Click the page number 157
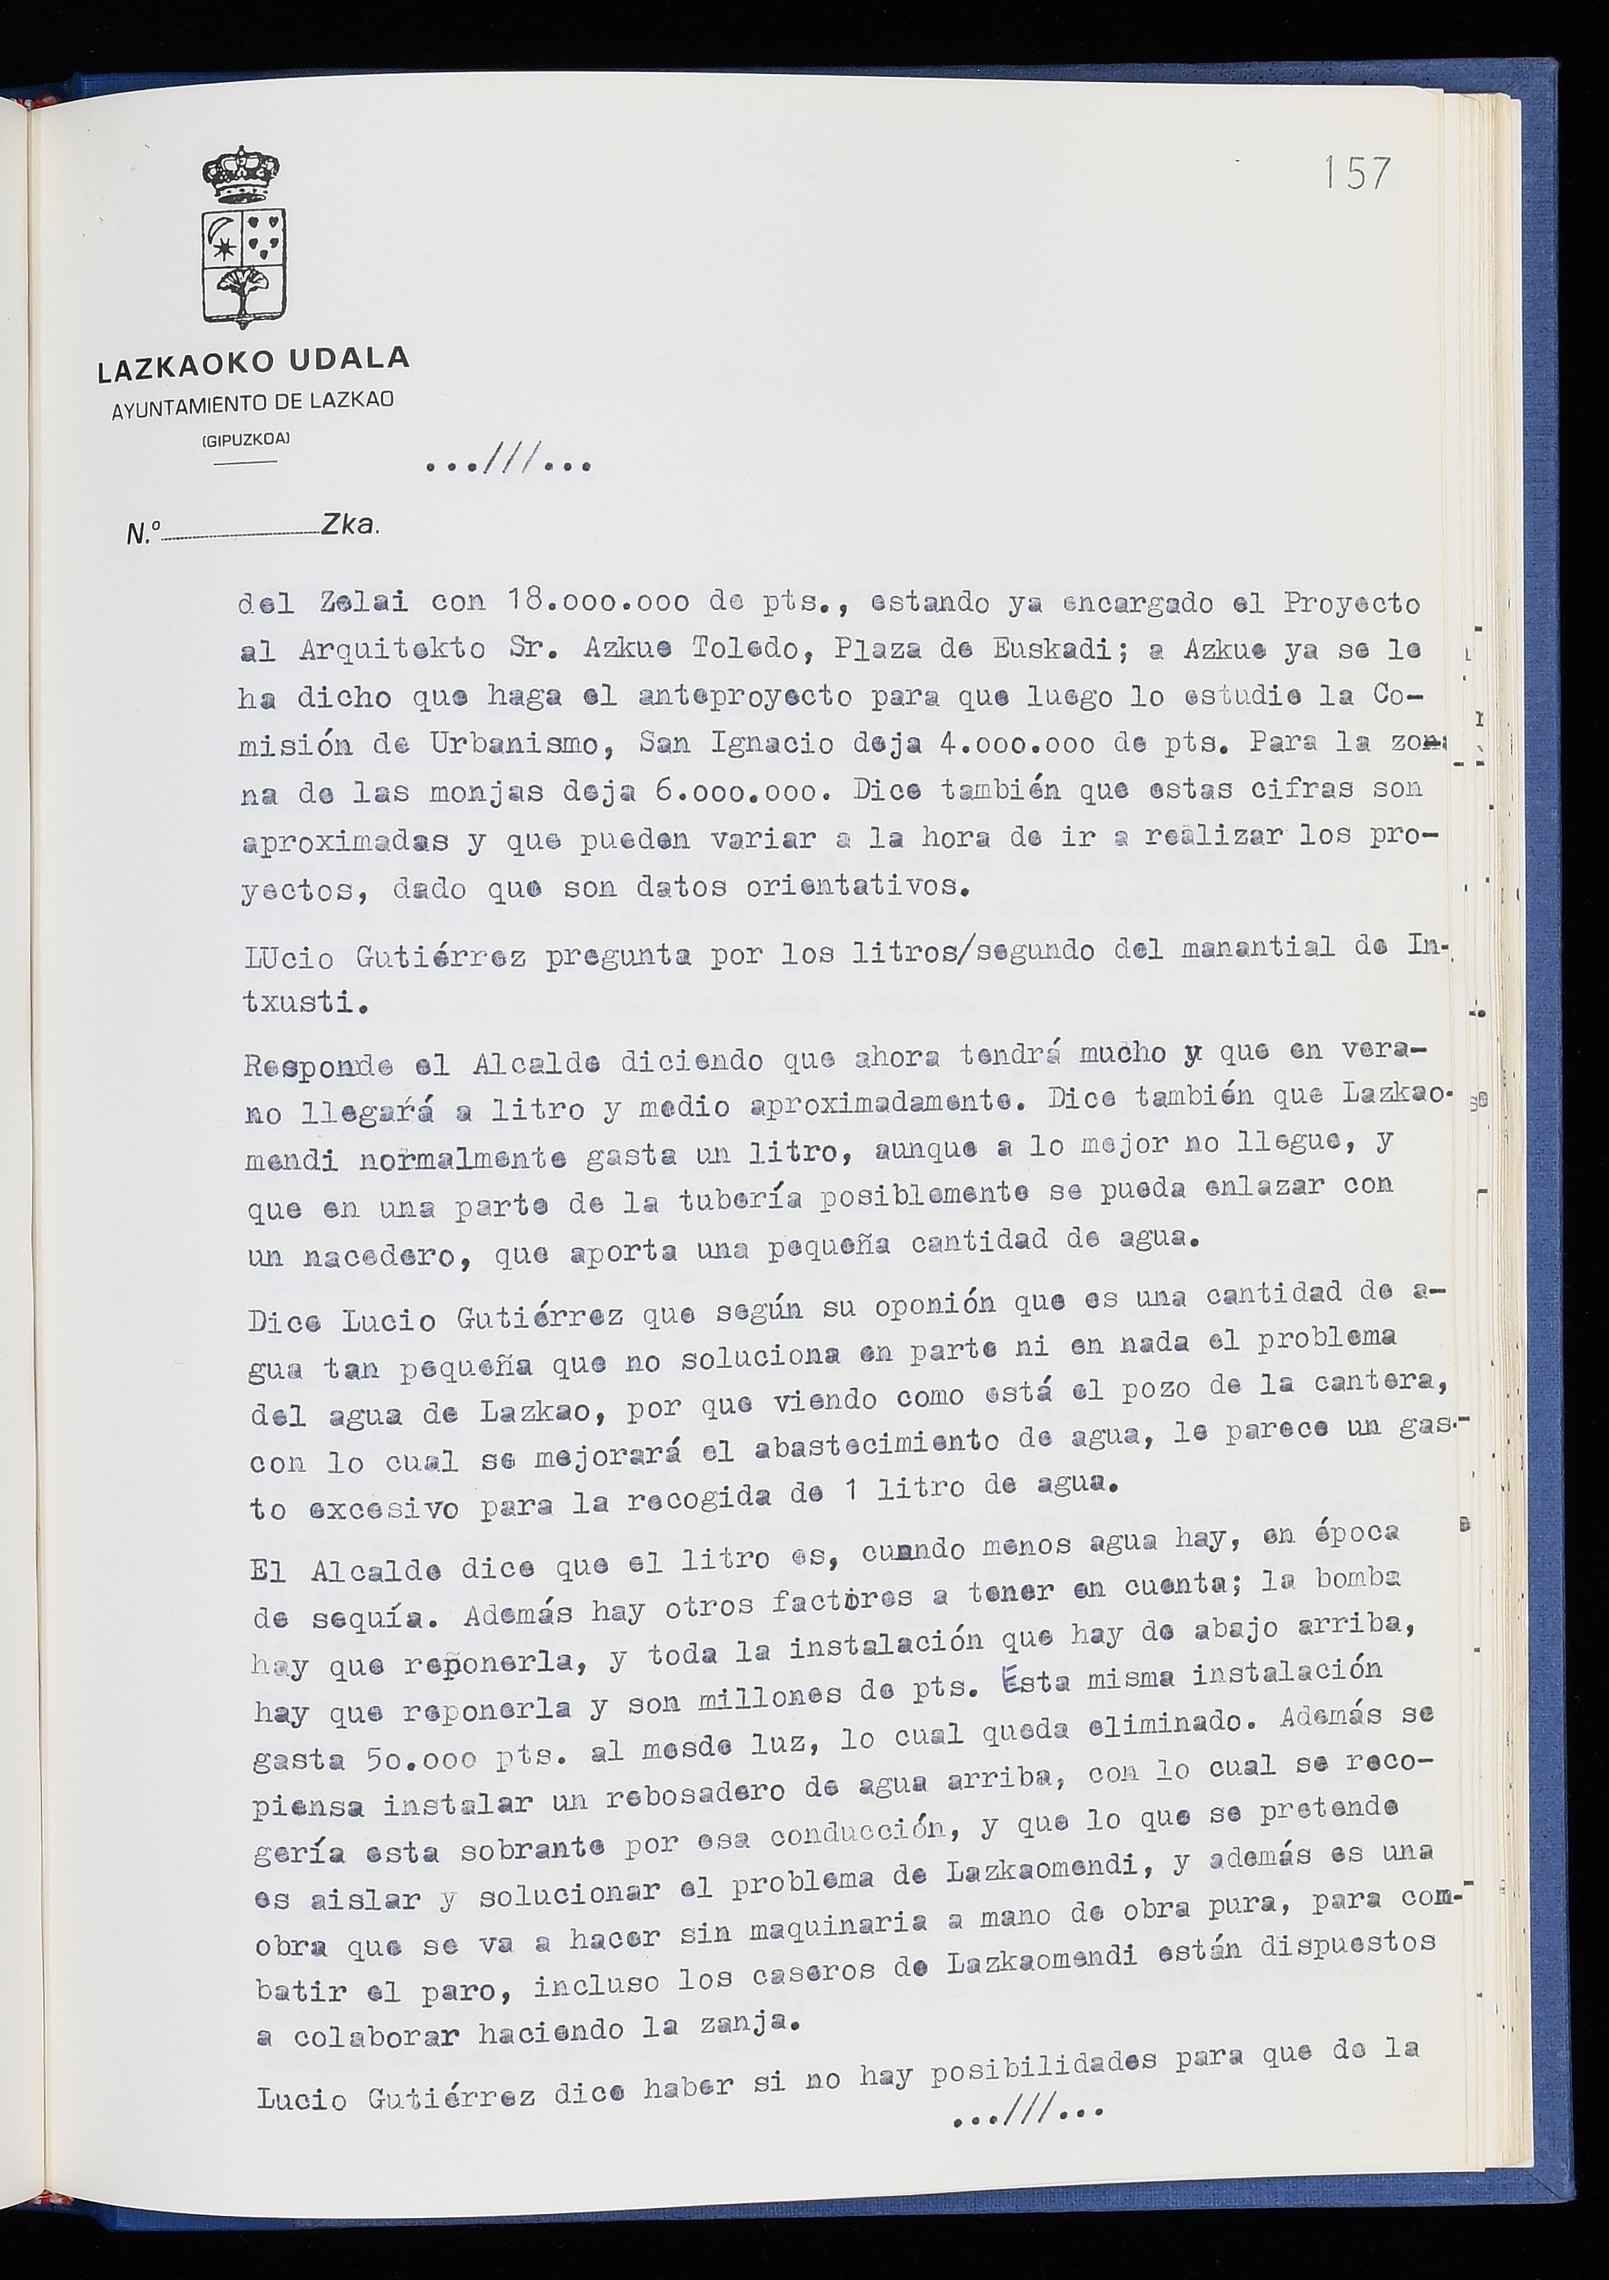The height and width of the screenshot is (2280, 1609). pos(1356,173)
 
